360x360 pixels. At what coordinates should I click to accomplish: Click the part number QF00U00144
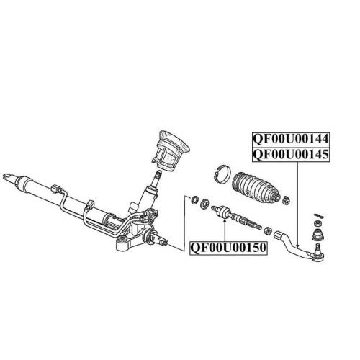(x=291, y=139)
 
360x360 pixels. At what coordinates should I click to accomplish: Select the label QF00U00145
(x=291, y=155)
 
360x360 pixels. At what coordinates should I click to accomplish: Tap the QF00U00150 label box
(x=228, y=248)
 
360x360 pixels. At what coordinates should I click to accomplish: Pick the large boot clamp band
(x=222, y=175)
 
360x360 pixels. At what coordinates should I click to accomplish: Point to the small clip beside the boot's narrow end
(x=286, y=200)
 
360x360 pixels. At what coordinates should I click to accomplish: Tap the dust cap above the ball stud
(x=318, y=235)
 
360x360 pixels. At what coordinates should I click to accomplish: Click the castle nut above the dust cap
(x=318, y=223)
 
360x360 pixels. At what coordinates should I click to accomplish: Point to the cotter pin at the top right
(x=319, y=215)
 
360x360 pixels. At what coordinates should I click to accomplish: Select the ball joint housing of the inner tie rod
(x=224, y=212)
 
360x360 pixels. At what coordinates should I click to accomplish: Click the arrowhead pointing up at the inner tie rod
(x=225, y=220)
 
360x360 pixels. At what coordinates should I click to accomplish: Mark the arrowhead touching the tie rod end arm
(x=297, y=246)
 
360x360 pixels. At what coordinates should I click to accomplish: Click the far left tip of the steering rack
(x=4, y=177)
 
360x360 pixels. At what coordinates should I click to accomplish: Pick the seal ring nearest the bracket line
(x=194, y=200)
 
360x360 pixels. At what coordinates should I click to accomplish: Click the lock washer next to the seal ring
(x=204, y=204)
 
